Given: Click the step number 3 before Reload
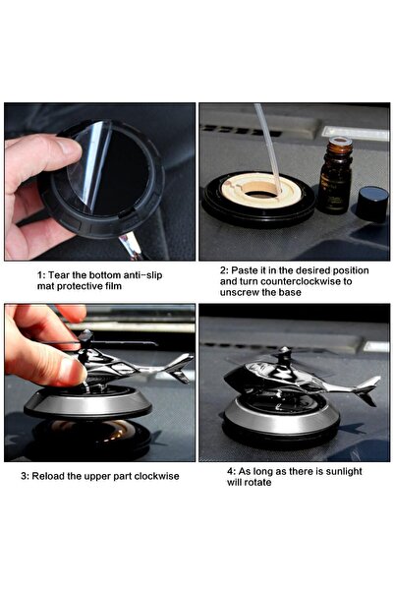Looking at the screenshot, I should click(26, 476).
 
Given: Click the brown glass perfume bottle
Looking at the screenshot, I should click(334, 177).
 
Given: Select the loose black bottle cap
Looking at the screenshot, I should click(371, 204).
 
